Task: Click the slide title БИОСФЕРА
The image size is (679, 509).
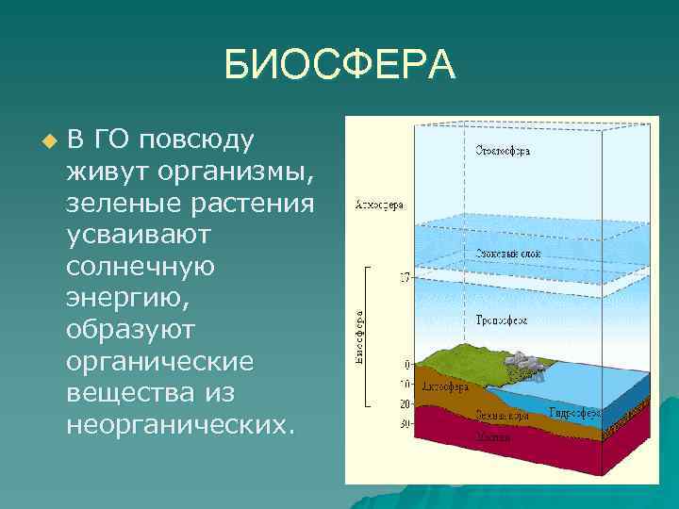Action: [x=339, y=65]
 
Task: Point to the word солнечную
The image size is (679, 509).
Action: [x=141, y=266]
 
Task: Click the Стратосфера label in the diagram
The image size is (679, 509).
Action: [x=501, y=150]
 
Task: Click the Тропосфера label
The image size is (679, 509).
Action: [x=501, y=320]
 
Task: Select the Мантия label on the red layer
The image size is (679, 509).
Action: [x=493, y=437]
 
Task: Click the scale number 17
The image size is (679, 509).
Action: [x=405, y=278]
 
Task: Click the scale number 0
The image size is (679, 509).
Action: [x=407, y=364]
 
